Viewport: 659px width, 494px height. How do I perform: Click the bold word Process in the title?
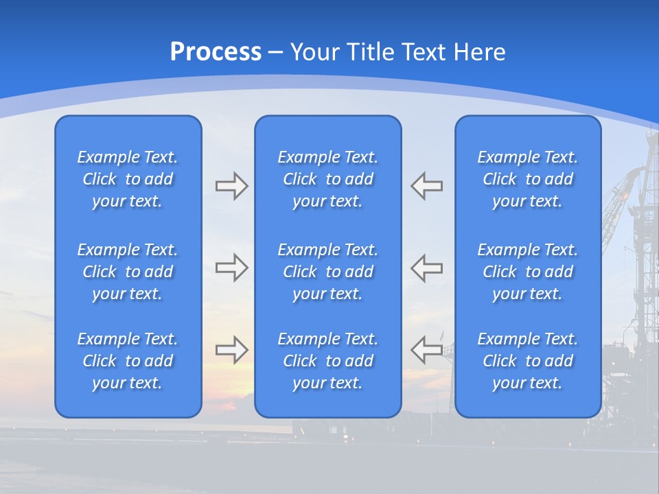216,52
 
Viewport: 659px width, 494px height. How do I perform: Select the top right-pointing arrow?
231,186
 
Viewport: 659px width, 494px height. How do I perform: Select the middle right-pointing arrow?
231,268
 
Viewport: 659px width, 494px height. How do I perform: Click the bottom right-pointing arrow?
231,350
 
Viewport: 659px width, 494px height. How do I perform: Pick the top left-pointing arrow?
427,186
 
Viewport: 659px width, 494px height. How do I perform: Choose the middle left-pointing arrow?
427,268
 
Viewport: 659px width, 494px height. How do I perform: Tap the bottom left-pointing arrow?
427,350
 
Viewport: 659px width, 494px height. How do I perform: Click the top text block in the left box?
128,179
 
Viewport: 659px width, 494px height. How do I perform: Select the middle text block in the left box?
128,272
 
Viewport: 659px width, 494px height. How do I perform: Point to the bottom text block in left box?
128,361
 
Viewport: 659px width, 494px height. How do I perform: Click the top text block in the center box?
327,179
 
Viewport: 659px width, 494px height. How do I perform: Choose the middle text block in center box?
327,272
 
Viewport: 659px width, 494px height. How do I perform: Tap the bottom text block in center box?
327,361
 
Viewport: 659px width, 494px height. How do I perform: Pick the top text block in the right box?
528,179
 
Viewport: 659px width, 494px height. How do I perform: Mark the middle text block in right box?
528,272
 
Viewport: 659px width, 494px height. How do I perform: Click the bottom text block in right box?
528,361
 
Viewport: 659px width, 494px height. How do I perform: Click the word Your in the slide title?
315,52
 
